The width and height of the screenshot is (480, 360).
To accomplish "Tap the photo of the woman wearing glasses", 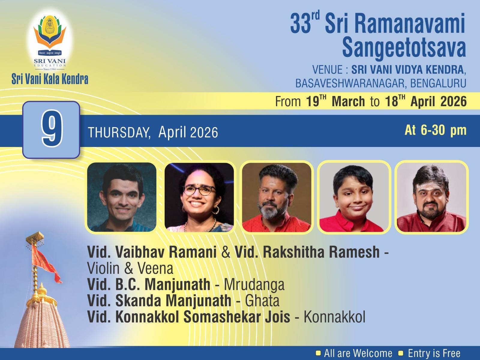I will pos(199,197).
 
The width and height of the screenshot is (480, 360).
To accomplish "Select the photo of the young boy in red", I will pos(354,197).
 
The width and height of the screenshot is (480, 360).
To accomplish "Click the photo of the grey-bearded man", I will pos(277,197).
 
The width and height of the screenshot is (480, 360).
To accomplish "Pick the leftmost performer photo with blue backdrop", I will pos(121,197).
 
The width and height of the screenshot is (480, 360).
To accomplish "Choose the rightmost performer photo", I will pos(431,197).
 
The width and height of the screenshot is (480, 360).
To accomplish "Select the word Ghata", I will pos(262,301).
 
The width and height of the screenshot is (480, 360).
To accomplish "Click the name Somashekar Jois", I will pos(237,317).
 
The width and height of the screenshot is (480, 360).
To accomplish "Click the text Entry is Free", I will pos(434,353).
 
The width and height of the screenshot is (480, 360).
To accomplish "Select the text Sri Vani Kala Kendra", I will pos(50,79).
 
